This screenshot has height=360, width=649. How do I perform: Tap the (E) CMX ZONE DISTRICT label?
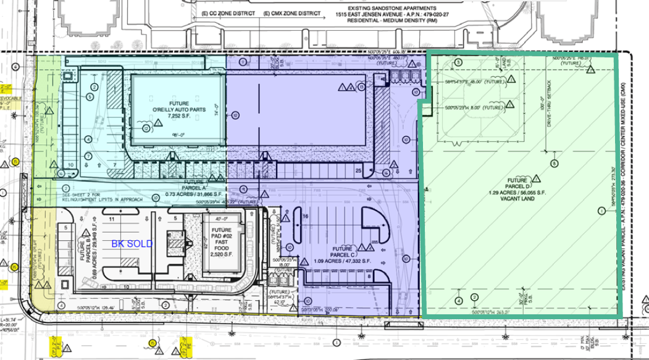click(288, 14)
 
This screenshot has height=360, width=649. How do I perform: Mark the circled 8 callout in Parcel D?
click(554, 164)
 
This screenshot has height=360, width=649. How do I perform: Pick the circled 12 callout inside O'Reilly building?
click(146, 128)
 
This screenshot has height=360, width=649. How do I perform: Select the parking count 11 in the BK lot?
click(112, 219)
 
